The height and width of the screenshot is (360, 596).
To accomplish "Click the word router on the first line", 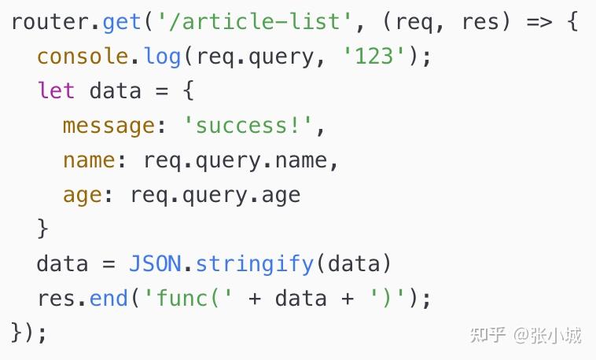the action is (50, 22).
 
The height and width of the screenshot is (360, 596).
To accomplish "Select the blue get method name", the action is (122, 23).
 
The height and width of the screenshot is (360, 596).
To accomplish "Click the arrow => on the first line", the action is (539, 22).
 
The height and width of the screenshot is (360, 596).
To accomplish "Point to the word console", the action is (83, 57).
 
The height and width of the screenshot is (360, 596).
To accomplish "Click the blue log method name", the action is (162, 57).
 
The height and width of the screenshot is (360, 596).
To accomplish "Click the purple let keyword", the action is (57, 90).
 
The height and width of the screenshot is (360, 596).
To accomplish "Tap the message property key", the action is (109, 127).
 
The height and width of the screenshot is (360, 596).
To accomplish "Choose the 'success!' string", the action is (248, 126).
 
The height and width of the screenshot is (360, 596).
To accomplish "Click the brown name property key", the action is (89, 160).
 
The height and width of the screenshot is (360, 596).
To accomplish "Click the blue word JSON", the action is (155, 263).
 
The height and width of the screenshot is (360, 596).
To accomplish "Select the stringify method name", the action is (255, 265).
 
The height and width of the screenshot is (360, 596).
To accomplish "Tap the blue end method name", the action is (109, 298).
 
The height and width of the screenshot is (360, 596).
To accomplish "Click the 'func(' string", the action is (189, 298).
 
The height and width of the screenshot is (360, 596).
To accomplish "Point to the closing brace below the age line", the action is (43, 229).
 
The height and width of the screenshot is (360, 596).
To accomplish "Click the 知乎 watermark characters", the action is (487, 335).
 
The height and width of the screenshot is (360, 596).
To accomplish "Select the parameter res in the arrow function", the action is (480, 22).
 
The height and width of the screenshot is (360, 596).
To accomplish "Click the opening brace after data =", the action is (189, 90).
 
